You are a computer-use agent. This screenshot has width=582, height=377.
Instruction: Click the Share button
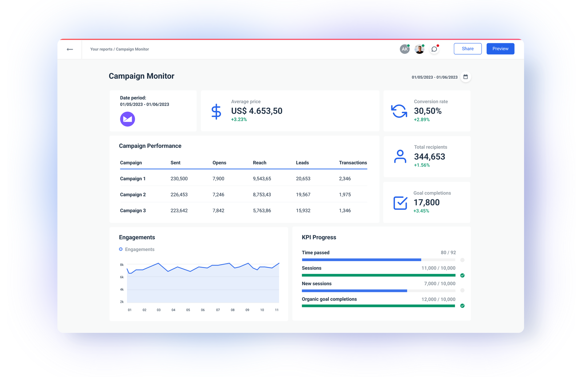pyautogui.click(x=467, y=49)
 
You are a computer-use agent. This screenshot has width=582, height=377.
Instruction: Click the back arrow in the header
pyautogui.click(x=70, y=49)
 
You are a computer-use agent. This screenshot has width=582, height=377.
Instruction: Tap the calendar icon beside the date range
pyautogui.click(x=465, y=77)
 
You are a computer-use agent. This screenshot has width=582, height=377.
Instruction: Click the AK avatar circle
pyautogui.click(x=404, y=49)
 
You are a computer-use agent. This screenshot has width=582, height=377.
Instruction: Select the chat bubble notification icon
pyautogui.click(x=434, y=49)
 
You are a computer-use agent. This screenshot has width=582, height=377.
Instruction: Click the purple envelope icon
pyautogui.click(x=127, y=119)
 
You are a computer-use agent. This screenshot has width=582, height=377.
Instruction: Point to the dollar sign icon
pyautogui.click(x=216, y=111)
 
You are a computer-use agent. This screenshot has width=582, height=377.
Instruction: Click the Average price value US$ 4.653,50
pyautogui.click(x=256, y=111)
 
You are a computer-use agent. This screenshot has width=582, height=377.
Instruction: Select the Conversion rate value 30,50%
pyautogui.click(x=427, y=111)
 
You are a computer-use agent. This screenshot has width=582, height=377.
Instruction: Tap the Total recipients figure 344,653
pyautogui.click(x=429, y=157)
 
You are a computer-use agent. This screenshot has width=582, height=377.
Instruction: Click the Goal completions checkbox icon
pyautogui.click(x=400, y=203)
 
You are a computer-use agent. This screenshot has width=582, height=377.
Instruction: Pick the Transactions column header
pyautogui.click(x=353, y=163)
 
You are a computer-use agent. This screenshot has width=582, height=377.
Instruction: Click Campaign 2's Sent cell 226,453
pyautogui.click(x=179, y=195)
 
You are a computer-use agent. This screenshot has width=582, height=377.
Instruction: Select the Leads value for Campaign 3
pyautogui.click(x=303, y=211)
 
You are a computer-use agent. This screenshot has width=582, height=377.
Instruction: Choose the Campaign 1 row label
pyautogui.click(x=133, y=178)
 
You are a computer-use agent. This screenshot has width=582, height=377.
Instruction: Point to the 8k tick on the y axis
pyautogui.click(x=122, y=265)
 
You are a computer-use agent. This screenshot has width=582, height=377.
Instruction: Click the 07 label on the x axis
pyautogui.click(x=218, y=310)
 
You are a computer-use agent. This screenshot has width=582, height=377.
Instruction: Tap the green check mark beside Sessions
pyautogui.click(x=462, y=275)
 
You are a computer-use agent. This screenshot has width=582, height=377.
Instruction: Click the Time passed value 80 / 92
pyautogui.click(x=448, y=252)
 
